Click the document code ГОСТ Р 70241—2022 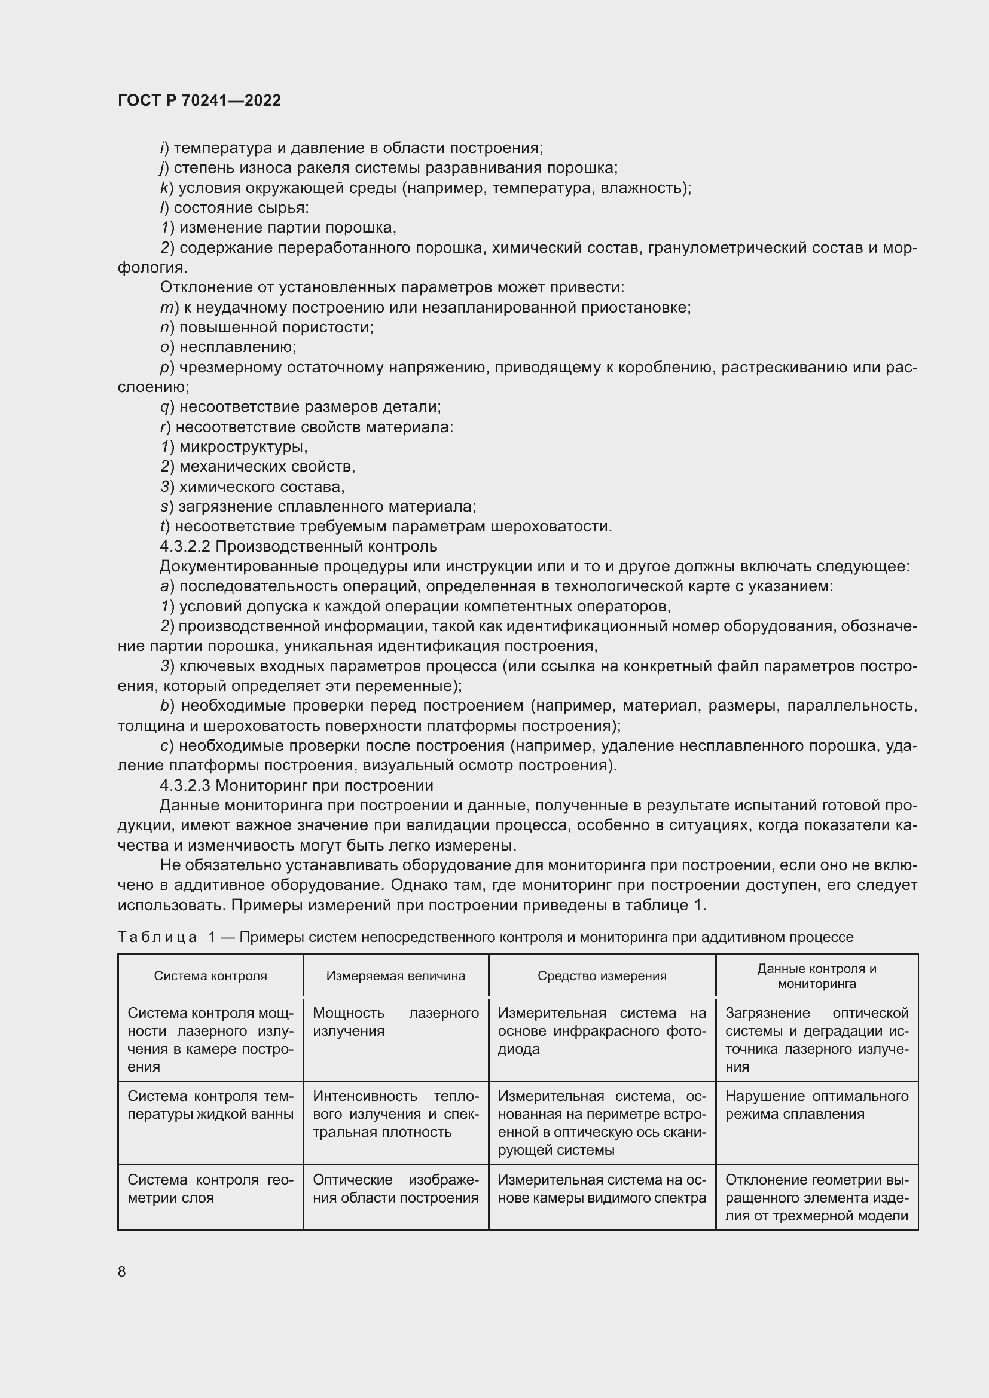[x=199, y=100]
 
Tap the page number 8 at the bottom [x=122, y=1271]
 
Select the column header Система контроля [x=210, y=975]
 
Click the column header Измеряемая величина [x=395, y=975]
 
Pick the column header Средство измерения [x=602, y=975]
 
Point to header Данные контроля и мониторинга [x=817, y=975]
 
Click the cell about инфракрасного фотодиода [x=602, y=1031]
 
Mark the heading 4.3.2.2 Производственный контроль [x=298, y=546]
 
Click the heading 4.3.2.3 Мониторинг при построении [x=297, y=785]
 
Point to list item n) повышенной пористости [x=267, y=327]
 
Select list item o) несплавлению [x=228, y=347]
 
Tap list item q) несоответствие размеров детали [x=301, y=406]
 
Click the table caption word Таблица [x=157, y=937]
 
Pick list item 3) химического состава [x=253, y=487]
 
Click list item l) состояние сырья [x=234, y=207]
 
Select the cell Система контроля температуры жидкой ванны [x=210, y=1105]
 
